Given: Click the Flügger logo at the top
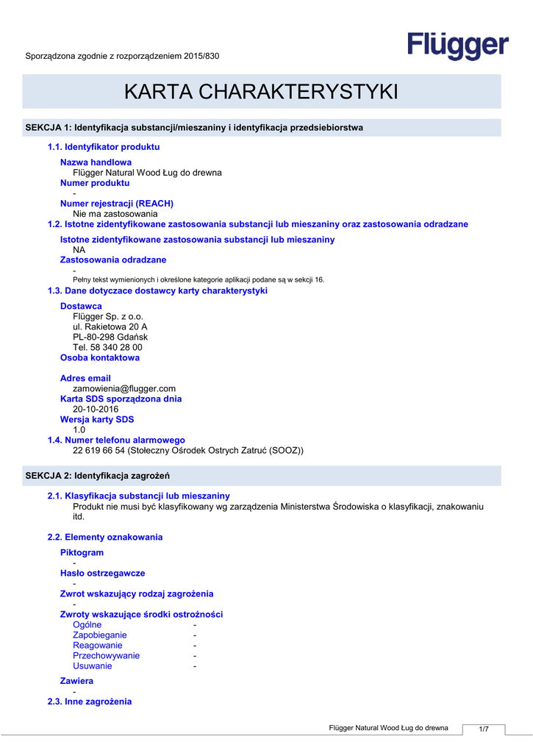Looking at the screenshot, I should click(458, 46).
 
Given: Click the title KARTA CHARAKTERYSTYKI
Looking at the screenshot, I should click(261, 92).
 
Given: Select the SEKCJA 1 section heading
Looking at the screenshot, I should click(194, 128).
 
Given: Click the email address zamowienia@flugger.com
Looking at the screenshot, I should click(124, 388).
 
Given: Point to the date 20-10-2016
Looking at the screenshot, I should click(96, 409).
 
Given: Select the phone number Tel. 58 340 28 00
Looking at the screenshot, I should click(107, 347).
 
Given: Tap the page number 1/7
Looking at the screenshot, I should click(484, 729).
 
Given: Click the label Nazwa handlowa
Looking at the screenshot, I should click(96, 162).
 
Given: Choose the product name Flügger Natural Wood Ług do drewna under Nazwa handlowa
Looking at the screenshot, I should click(147, 173).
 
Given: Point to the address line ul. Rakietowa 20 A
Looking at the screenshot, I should click(110, 326).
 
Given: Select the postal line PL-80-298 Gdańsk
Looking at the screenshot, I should click(110, 337).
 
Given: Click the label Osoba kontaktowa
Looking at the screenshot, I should click(99, 357).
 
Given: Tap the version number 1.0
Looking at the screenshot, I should click(79, 429).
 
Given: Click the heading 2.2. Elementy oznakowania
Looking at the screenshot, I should click(105, 537).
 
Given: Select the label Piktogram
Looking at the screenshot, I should click(82, 552).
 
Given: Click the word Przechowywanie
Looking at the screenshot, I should click(106, 655).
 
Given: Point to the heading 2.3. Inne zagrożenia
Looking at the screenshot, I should click(90, 702).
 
